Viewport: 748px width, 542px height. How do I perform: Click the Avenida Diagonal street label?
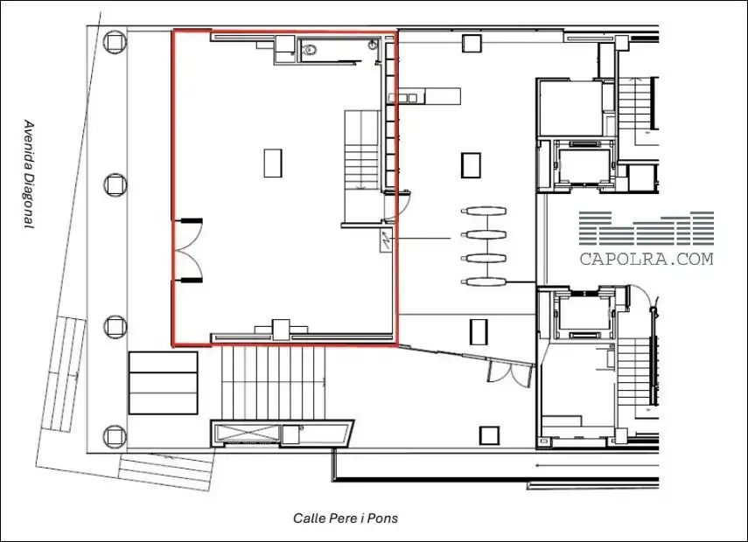point(30,175)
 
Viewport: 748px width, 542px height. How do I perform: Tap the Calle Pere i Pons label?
point(346,518)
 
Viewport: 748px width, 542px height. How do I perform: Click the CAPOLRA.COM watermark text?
point(647,259)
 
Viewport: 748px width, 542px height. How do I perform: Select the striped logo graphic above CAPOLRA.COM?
point(647,228)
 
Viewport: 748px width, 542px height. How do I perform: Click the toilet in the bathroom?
point(311,49)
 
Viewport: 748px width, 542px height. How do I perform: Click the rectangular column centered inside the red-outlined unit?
point(273,163)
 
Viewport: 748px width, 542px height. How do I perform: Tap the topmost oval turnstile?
point(483,211)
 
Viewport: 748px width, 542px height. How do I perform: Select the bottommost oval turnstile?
point(483,281)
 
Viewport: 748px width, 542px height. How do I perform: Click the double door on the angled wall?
point(509,373)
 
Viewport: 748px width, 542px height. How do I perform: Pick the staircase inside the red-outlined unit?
point(364,150)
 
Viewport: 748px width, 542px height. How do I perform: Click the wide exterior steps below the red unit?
point(273,383)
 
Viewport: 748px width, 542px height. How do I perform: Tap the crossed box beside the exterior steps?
point(247,434)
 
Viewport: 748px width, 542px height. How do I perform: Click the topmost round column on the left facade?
point(115,42)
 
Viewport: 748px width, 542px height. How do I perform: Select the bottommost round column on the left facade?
point(115,436)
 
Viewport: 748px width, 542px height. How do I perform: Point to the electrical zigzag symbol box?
point(386,240)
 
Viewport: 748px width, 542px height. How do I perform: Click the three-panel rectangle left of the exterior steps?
point(163,383)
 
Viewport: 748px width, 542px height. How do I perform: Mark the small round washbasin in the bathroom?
point(373,45)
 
